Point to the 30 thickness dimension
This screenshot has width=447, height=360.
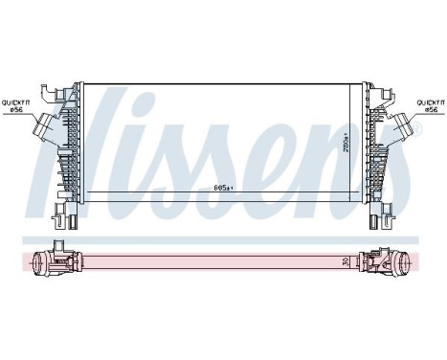346,260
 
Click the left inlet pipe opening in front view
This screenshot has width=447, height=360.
42,124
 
